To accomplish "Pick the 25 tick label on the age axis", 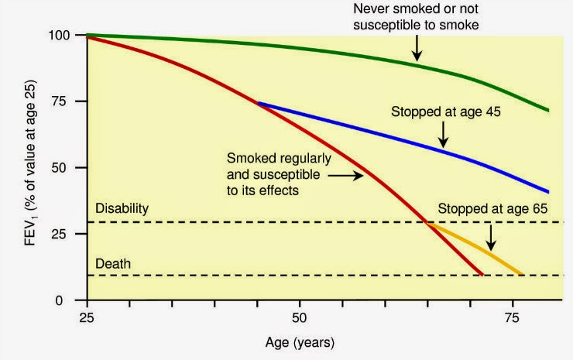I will pos(87,317).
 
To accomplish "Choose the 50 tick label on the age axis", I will pos(299,317).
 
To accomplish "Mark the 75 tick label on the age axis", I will pos(512,317).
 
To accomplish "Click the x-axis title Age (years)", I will pos(299,341).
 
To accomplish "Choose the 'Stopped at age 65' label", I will pos(486,209).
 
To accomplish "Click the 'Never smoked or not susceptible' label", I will pos(417,15).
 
